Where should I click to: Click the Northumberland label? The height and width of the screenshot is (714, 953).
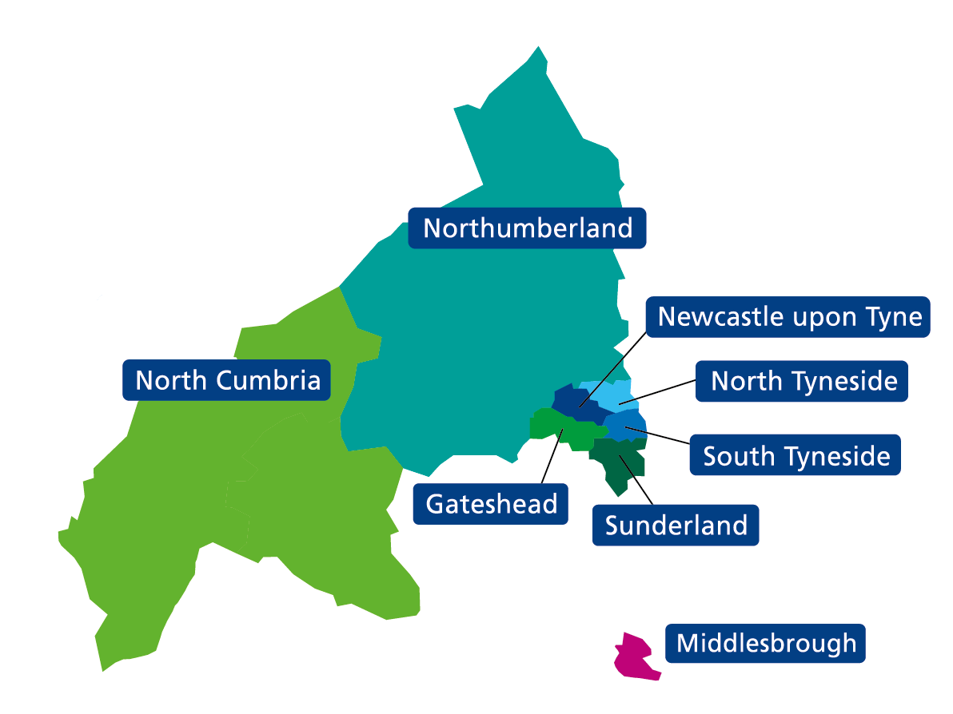528,228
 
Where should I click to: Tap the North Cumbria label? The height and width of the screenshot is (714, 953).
227,380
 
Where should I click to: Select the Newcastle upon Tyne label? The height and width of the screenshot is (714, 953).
789,317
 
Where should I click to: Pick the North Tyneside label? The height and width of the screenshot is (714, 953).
803,381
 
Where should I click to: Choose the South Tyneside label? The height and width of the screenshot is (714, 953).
796,456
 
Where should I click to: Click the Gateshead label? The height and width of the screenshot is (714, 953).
491,504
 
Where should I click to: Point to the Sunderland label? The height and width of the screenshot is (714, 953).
676,526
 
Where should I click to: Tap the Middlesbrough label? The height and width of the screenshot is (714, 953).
766,643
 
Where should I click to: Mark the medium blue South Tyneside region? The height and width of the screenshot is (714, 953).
628,423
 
